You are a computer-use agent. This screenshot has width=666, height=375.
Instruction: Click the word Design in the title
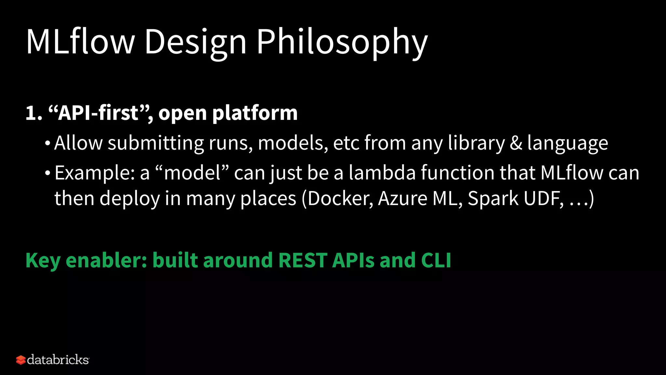[195, 42]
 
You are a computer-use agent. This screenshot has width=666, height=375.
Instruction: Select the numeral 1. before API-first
[33, 113]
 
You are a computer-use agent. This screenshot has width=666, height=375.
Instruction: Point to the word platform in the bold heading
[255, 113]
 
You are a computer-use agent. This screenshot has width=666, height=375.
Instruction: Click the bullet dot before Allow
[48, 143]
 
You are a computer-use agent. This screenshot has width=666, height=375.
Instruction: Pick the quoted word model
[192, 173]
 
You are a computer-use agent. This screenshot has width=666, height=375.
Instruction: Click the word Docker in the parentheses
[339, 198]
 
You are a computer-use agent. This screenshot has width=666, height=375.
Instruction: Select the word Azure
[402, 198]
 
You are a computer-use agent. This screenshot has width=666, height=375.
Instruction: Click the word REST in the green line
[302, 260]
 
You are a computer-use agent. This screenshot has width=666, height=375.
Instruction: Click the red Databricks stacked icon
[20, 360]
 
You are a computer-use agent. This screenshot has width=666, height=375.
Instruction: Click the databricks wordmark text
[58, 360]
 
